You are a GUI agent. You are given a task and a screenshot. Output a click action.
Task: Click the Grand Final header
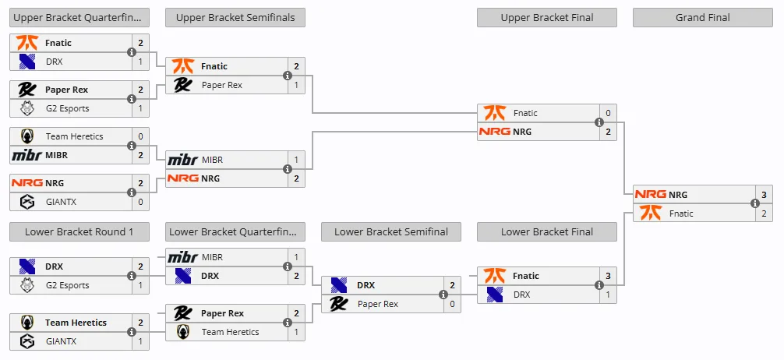pyautogui.click(x=702, y=17)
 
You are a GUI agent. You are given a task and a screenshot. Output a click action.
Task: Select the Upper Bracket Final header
pyautogui.click(x=547, y=17)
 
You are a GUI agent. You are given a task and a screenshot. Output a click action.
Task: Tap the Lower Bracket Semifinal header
pyautogui.click(x=391, y=232)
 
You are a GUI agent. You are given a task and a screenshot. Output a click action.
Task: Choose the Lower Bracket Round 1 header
pyautogui.click(x=79, y=232)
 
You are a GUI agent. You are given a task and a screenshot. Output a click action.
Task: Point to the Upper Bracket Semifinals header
pyautogui.click(x=235, y=17)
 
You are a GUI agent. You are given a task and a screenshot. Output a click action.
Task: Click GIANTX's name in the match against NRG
pyautogui.click(x=61, y=202)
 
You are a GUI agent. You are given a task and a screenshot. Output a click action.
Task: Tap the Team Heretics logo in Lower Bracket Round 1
pyautogui.click(x=27, y=323)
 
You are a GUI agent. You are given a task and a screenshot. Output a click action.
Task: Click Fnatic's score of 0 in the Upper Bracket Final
pyautogui.click(x=608, y=113)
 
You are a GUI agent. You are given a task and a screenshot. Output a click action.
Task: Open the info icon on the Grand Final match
pyautogui.click(x=755, y=203)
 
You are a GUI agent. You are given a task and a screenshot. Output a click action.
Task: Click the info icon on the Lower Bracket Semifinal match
pyautogui.click(x=443, y=295)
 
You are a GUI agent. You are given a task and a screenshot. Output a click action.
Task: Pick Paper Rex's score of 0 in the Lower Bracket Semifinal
pyautogui.click(x=453, y=304)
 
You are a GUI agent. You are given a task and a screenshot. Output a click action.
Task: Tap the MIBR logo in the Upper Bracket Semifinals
pyautogui.click(x=182, y=160)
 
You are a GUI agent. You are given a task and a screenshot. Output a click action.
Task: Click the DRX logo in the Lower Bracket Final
pyautogui.click(x=495, y=295)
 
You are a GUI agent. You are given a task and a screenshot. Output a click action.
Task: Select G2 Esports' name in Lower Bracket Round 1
pyautogui.click(x=67, y=285)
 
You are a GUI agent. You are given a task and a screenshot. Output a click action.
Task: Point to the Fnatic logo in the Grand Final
pyautogui.click(x=651, y=213)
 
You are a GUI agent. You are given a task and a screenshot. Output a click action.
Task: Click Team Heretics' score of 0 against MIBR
pyautogui.click(x=140, y=136)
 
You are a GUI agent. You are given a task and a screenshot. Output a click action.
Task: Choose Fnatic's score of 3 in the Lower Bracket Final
pyautogui.click(x=608, y=276)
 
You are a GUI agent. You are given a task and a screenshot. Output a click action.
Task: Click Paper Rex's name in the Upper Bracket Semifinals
pyautogui.click(x=222, y=85)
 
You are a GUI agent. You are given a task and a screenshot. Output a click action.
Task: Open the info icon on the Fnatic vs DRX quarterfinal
pyautogui.click(x=132, y=52)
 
